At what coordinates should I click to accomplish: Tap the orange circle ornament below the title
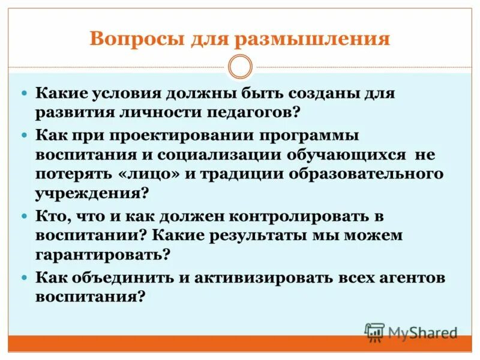click(x=241, y=67)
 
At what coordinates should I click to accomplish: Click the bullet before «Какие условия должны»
click(x=25, y=95)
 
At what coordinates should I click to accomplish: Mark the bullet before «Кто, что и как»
click(x=25, y=215)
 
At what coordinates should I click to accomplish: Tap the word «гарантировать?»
click(x=103, y=254)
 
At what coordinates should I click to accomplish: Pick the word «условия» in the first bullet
click(x=130, y=94)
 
